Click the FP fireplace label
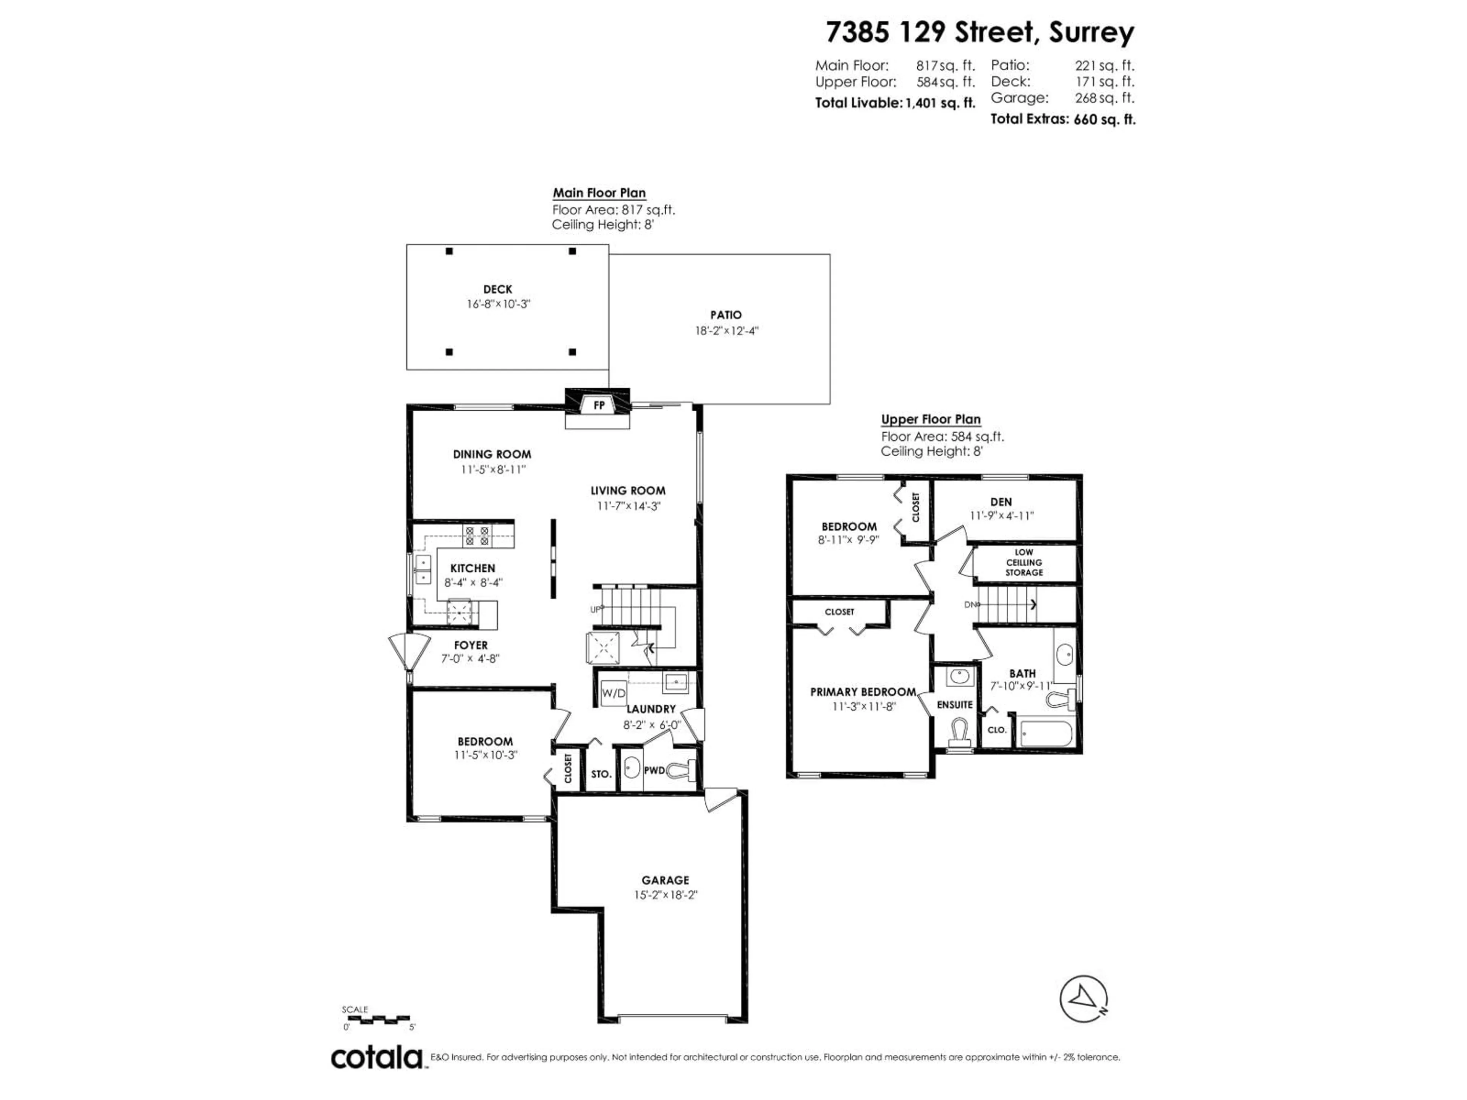pos(599,405)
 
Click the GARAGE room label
pos(665,880)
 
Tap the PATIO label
pos(725,315)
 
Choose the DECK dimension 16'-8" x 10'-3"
pos(498,304)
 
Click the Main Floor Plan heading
pos(599,193)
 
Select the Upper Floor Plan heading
pos(931,419)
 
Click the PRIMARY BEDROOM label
pos(863,692)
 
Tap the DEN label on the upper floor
pos(1001,502)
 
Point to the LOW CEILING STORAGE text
pos(1023,562)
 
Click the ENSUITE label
pos(954,705)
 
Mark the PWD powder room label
pos(654,770)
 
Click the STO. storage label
pos(601,774)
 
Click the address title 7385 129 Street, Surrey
pos(980,32)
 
